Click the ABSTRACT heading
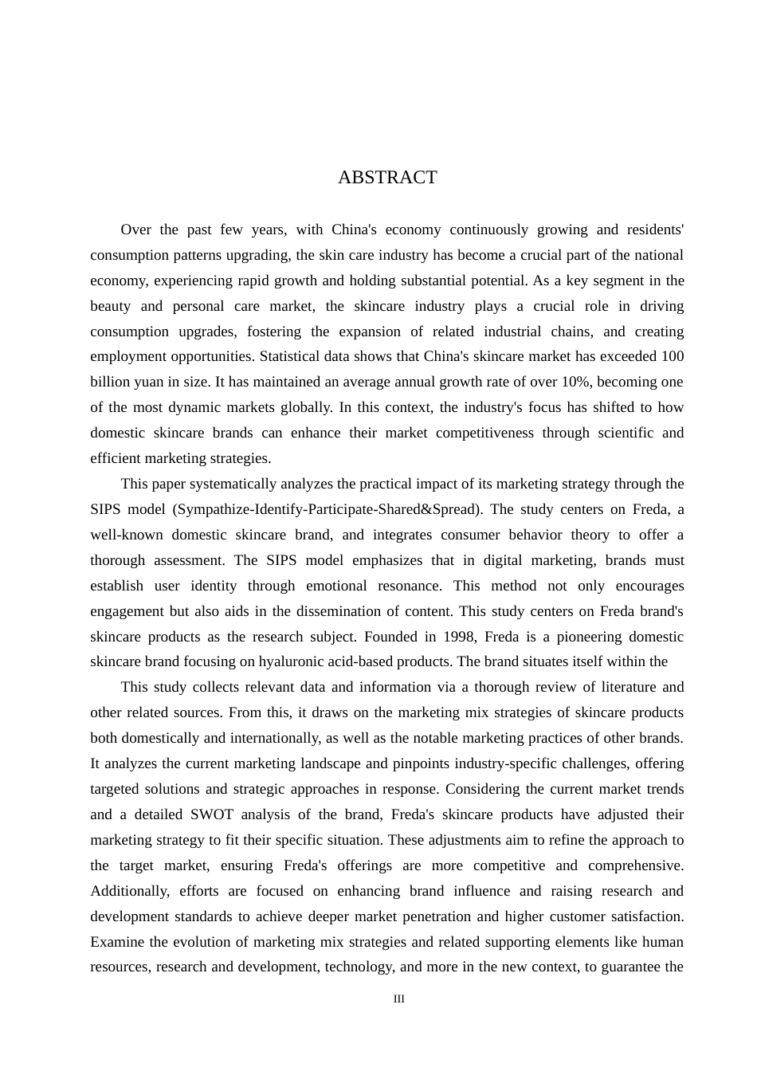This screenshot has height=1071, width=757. (387, 178)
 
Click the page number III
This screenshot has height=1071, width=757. (399, 999)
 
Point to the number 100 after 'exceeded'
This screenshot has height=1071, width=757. (672, 356)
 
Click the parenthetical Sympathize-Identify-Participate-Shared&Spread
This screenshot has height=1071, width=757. (328, 509)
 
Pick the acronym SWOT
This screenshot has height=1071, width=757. (209, 814)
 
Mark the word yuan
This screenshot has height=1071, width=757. (148, 382)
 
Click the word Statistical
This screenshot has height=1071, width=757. (293, 356)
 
